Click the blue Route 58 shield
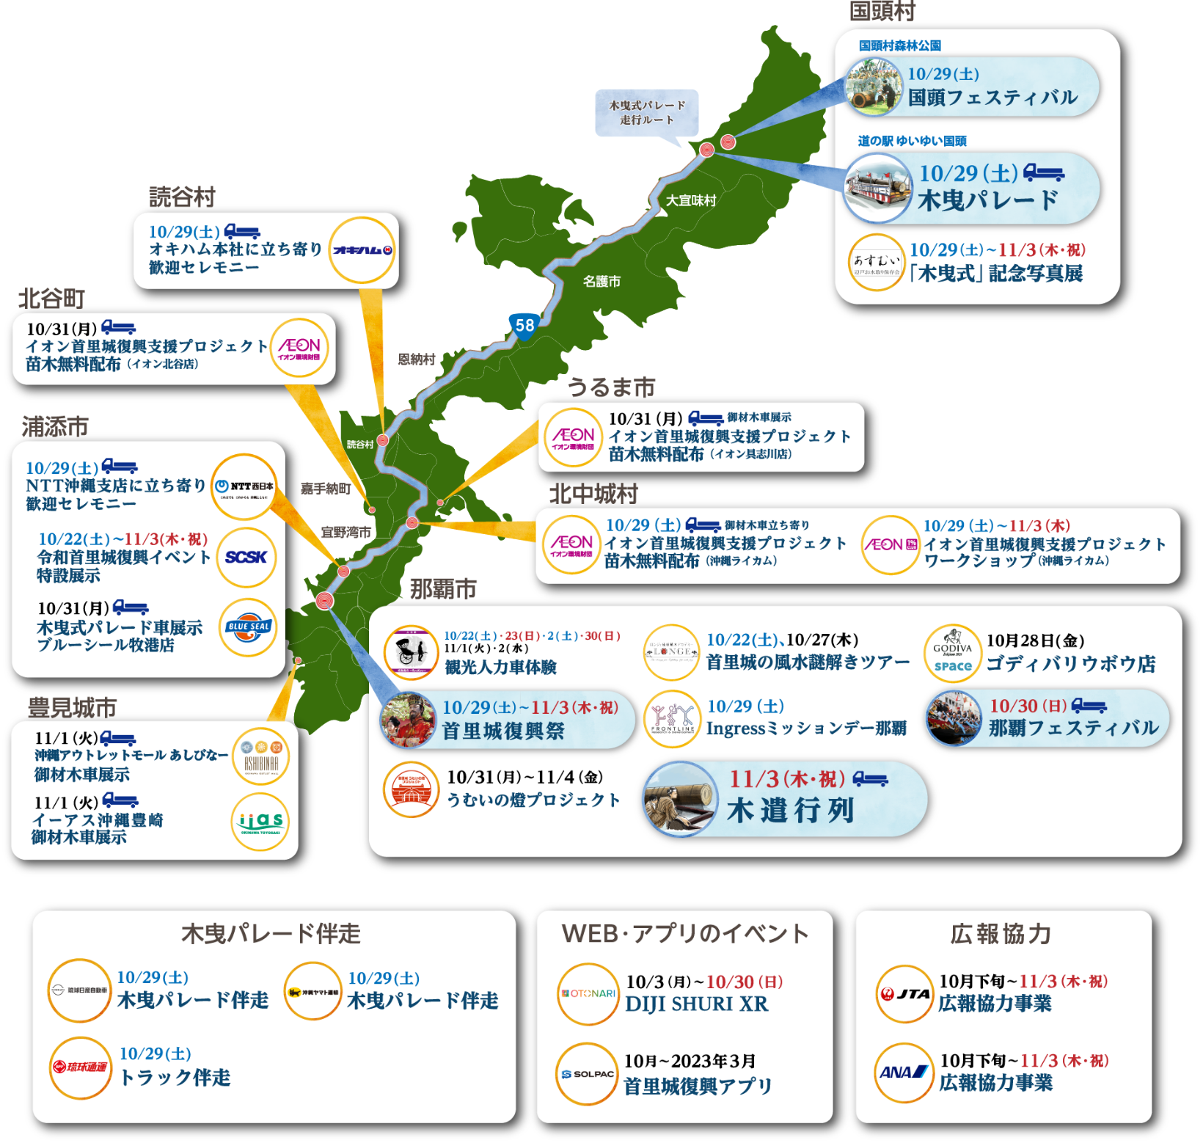click(x=524, y=325)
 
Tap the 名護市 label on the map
click(x=601, y=281)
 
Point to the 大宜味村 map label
click(x=691, y=200)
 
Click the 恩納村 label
click(x=417, y=359)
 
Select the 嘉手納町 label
click(x=325, y=489)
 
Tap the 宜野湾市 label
click(x=346, y=532)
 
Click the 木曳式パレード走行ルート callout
click(x=647, y=112)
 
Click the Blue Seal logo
click(x=248, y=627)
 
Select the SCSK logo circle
click(x=246, y=557)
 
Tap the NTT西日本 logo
click(x=244, y=486)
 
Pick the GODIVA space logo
click(x=953, y=653)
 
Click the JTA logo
click(x=905, y=994)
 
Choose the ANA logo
click(x=904, y=1073)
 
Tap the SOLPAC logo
click(x=587, y=1074)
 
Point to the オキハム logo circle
click(x=362, y=250)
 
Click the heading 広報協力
click(x=1001, y=934)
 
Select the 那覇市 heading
click(x=443, y=588)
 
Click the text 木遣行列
click(x=791, y=811)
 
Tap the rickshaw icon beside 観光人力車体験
click(x=411, y=651)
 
